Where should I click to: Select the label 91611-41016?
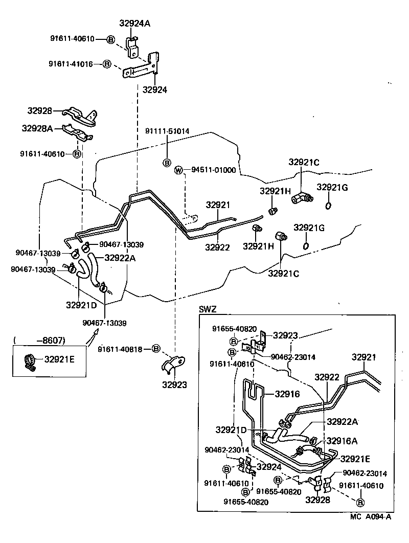point(71,64)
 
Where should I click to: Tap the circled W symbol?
point(178,170)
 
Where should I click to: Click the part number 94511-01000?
point(214,170)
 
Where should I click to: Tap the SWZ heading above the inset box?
point(208,309)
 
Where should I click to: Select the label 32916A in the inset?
point(342,440)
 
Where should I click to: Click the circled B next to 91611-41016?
point(107,64)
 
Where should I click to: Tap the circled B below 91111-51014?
point(166,162)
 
